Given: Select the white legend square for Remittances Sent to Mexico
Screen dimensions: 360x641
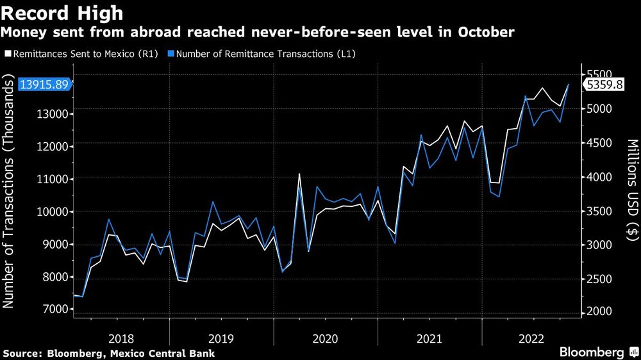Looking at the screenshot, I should coord(6,54).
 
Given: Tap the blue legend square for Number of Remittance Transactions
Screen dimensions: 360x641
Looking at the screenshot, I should coord(171,54).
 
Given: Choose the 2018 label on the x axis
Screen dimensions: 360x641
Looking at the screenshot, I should coord(121,338).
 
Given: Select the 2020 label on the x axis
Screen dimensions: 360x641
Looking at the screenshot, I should coord(326,338).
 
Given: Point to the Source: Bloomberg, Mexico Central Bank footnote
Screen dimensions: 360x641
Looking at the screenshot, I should coord(108,354).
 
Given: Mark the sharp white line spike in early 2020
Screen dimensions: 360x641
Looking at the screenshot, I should coord(299,174).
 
